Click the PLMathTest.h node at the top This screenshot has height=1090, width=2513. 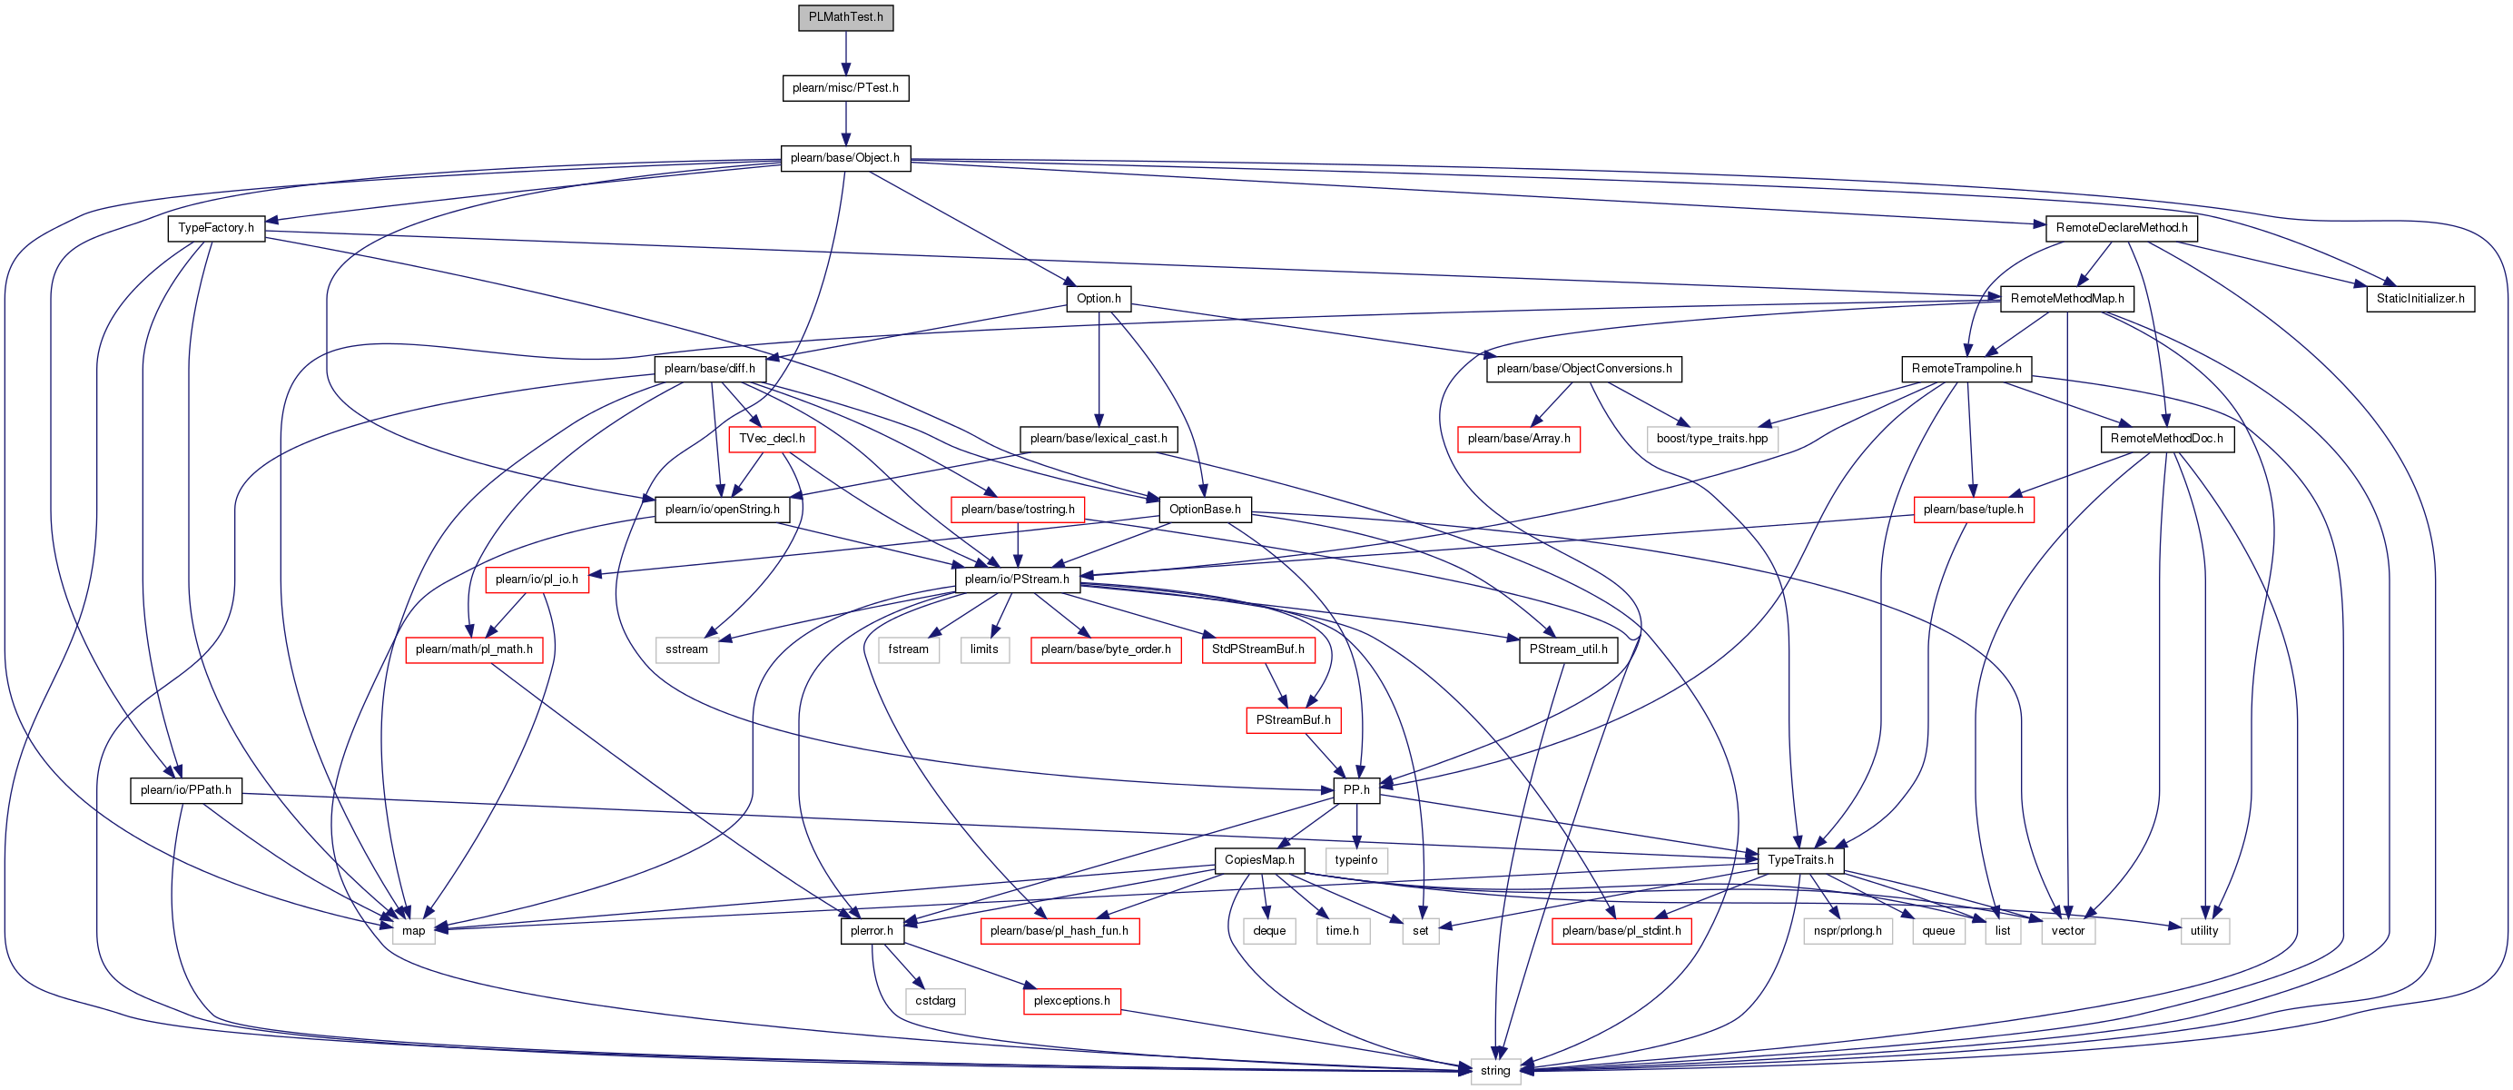846,17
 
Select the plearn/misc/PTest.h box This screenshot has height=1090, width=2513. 846,88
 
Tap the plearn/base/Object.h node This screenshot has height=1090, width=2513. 846,158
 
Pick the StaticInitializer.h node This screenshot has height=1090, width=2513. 2420,299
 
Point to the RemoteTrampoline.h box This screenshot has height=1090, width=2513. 1966,369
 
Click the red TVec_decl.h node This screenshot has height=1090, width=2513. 772,439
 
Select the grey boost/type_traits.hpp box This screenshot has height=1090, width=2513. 1712,439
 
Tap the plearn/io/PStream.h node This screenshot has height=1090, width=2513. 1017,580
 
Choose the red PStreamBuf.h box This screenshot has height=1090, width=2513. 1293,720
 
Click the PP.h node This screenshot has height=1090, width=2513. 1356,790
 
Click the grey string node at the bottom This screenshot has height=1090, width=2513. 1494,1072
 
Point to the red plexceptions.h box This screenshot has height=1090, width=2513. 1072,1001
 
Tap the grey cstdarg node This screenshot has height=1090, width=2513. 935,1001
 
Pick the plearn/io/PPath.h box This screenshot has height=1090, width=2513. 185,790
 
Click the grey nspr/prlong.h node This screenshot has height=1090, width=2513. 1848,931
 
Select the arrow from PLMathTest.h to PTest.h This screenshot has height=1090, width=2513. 846,53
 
